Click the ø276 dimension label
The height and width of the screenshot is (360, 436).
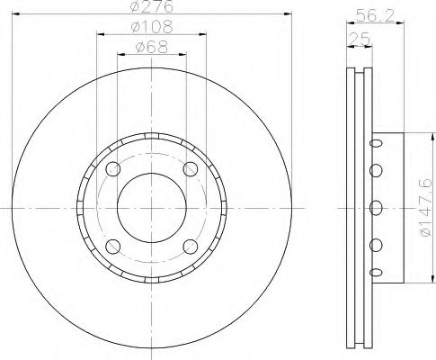152,6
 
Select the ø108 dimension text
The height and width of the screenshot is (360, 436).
152,27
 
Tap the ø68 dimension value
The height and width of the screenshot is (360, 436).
152,47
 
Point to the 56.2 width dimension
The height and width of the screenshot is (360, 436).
375,15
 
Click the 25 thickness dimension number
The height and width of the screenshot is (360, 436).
360,39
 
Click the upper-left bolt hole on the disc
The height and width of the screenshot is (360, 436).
113,168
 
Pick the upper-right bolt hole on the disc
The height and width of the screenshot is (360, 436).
191,168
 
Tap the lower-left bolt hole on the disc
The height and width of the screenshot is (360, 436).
113,247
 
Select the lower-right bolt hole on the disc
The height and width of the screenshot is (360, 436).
191,247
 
